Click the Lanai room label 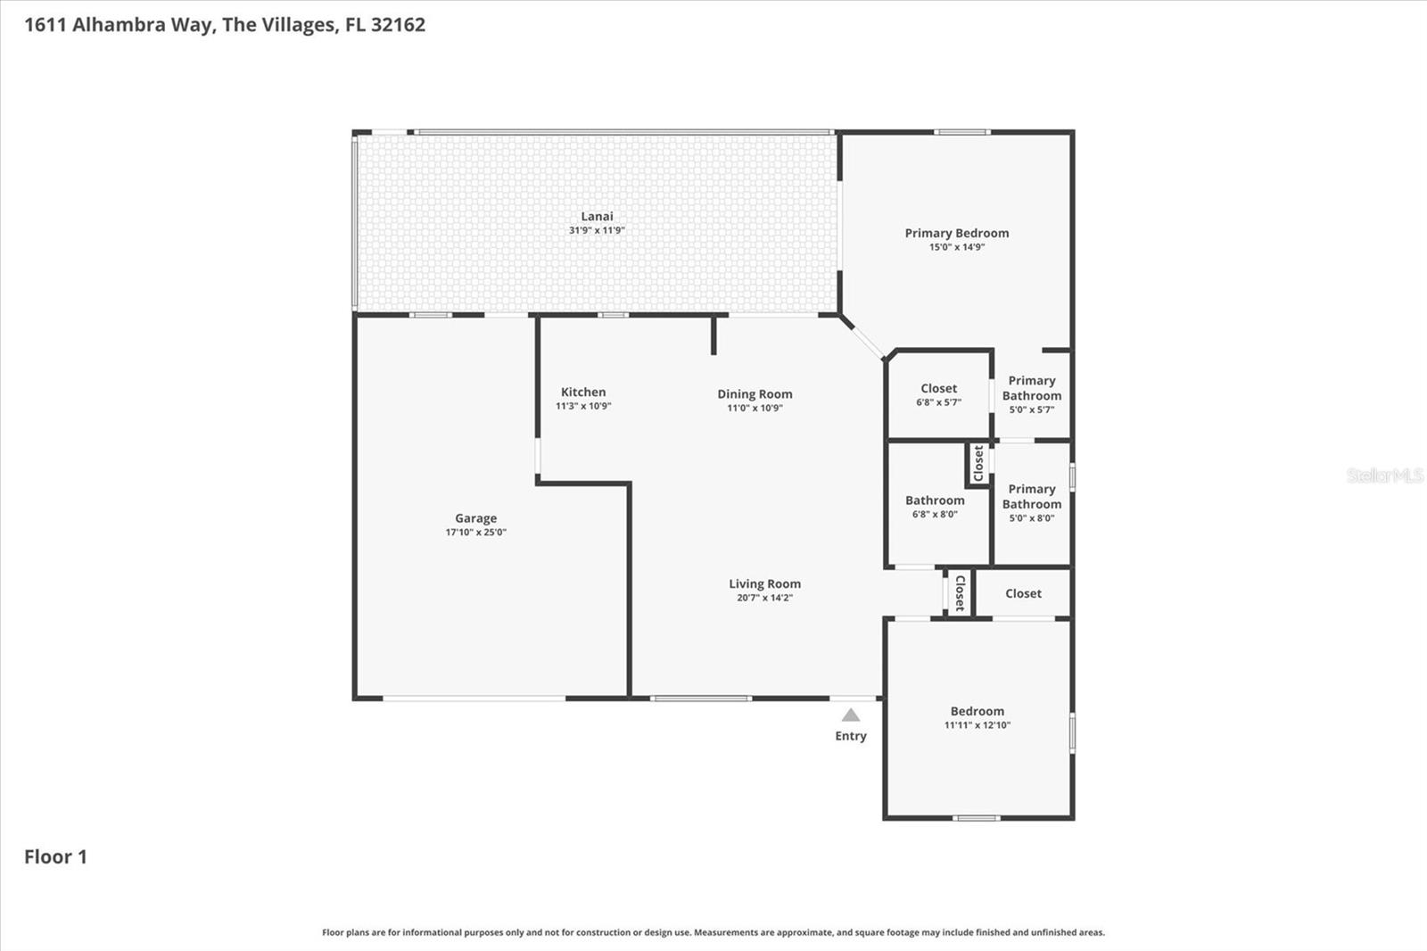[597, 217]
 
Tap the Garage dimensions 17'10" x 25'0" [475, 533]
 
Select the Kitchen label [583, 393]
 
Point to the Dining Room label [755, 394]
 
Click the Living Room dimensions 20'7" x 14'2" [764, 598]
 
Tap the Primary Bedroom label [956, 234]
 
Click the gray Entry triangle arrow [851, 715]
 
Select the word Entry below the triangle [850, 736]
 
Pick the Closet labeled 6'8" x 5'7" [938, 389]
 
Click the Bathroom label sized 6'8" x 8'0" [935, 500]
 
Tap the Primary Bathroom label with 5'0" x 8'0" [1031, 497]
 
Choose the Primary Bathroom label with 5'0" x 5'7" [1031, 388]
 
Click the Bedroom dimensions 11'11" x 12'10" [977, 725]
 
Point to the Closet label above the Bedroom [1023, 594]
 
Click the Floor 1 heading [55, 857]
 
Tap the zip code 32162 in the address [398, 25]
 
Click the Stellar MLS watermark [1383, 476]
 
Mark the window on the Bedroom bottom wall [976, 817]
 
